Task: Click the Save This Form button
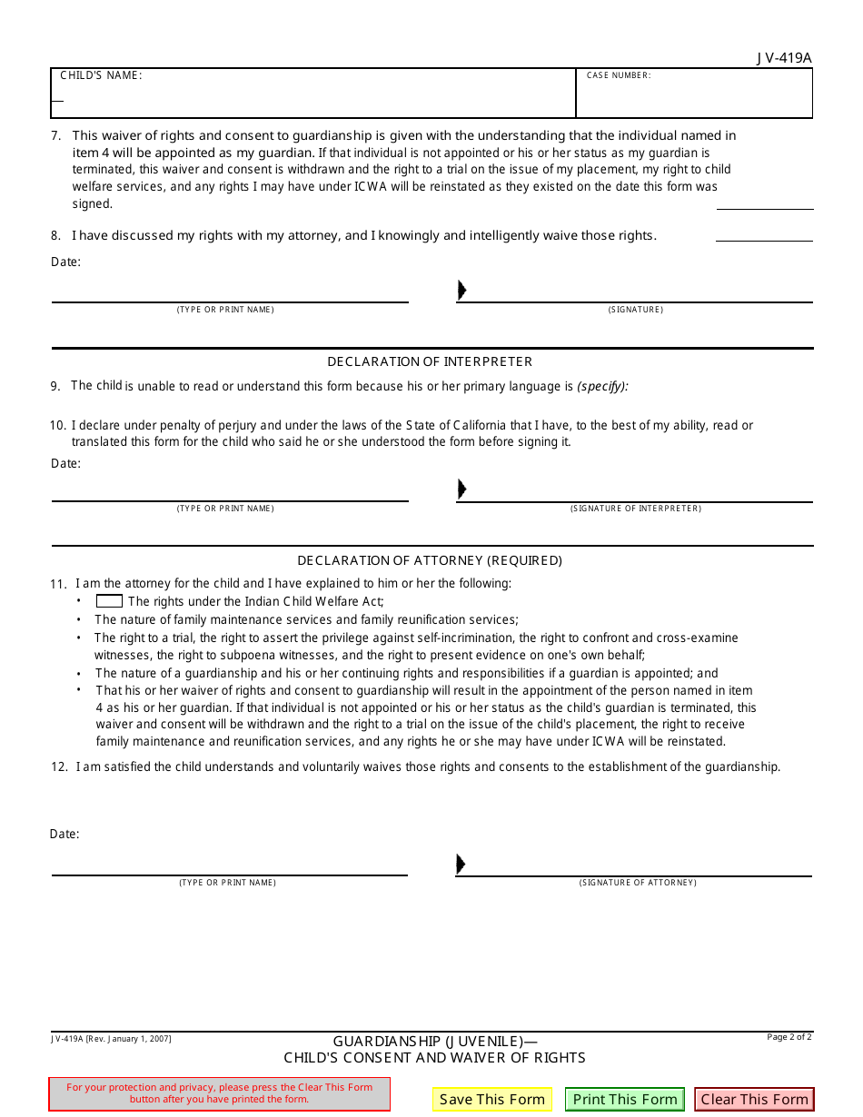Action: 491,1099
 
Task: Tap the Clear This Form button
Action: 754,1099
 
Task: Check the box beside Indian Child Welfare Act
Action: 109,601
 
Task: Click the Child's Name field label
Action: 101,75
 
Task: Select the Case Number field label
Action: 619,75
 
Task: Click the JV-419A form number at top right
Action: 784,58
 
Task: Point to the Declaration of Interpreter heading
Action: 430,361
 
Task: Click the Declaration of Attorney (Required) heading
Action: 430,560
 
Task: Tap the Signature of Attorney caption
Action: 638,883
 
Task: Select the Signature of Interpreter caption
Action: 636,509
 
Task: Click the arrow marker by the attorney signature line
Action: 461,864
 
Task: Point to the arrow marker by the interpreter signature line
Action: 461,489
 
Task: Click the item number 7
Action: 55,135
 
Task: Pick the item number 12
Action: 59,766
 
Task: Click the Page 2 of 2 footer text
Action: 789,1037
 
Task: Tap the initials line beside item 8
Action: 764,240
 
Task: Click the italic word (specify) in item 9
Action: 602,386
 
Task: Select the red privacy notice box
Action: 219,1093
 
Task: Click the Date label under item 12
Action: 64,834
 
